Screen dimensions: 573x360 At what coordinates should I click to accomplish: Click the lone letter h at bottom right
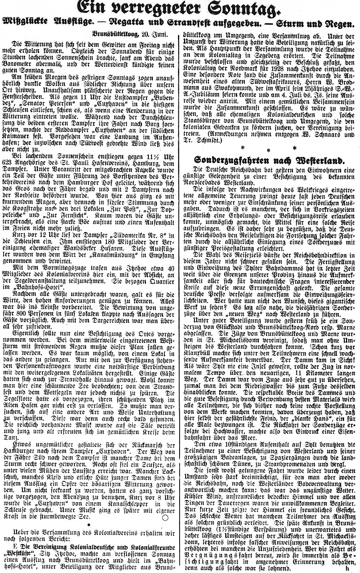click(347, 567)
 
